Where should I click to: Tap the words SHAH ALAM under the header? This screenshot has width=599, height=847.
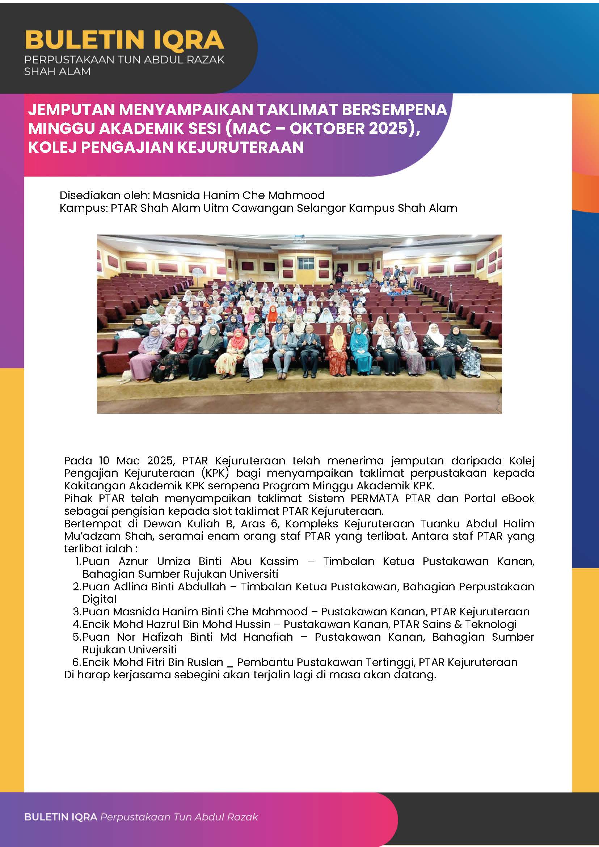[57, 71]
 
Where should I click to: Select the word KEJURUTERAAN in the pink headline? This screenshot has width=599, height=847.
[240, 147]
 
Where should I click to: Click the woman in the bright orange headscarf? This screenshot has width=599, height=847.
[272, 314]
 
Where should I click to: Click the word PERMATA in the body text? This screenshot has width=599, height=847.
[374, 498]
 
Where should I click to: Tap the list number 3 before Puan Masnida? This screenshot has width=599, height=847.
[77, 612]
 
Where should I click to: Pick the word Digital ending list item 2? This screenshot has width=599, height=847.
[99, 599]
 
